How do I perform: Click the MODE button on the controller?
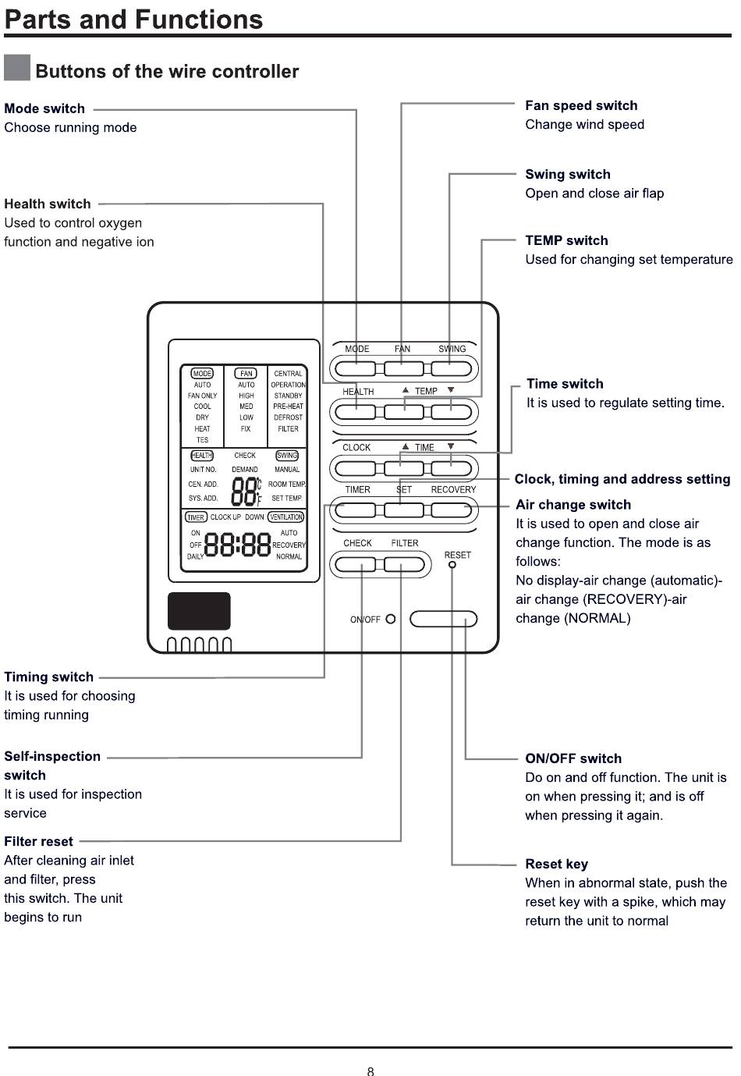tap(356, 369)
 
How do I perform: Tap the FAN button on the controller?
tap(403, 369)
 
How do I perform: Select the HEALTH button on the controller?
tap(356, 412)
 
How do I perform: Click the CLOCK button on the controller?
tap(356, 468)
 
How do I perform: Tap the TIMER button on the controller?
tap(356, 510)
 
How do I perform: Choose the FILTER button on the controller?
tap(404, 564)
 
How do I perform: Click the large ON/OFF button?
tap(443, 620)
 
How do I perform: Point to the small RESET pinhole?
tap(452, 564)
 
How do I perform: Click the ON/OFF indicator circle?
tap(391, 620)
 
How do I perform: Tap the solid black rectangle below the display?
tap(199, 611)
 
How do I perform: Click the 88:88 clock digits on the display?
tap(237, 545)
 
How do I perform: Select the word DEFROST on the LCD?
tap(288, 417)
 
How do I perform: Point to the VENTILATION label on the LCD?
tap(285, 517)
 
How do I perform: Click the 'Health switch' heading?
tap(48, 204)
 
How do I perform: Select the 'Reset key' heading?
tap(557, 864)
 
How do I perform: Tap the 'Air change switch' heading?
tap(573, 504)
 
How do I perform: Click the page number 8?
tap(370, 1071)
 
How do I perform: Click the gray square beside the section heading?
tap(17, 67)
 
